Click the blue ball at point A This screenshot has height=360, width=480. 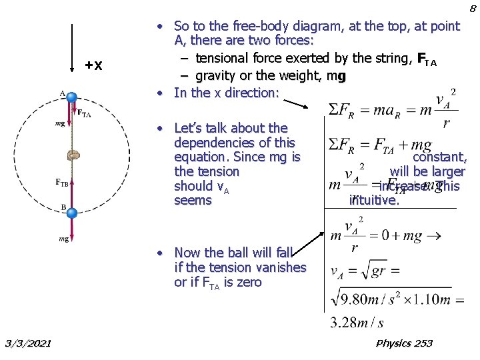(x=72, y=96)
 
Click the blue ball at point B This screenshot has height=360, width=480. (x=72, y=213)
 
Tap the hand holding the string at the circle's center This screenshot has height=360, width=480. (x=73, y=155)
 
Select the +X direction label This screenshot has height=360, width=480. (x=94, y=65)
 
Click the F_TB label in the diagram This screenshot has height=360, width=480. (x=62, y=181)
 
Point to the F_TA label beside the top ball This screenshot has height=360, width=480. (x=85, y=113)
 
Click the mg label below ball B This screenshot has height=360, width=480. (x=63, y=238)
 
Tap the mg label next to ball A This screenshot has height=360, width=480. (x=60, y=124)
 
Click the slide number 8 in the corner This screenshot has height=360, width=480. (x=472, y=9)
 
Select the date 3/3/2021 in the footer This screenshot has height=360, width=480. (x=27, y=343)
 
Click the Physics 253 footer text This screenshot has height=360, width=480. (x=404, y=343)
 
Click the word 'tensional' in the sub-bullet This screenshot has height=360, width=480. (x=223, y=59)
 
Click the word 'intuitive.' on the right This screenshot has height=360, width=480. (x=374, y=199)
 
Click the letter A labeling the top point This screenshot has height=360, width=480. (x=62, y=93)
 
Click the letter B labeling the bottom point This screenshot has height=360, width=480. (x=63, y=207)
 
